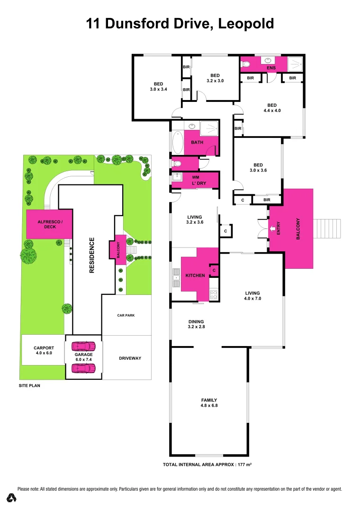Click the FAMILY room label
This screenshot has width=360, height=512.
tap(209, 402)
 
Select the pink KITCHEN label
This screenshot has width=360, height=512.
tap(195, 275)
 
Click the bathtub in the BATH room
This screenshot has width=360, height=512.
tap(177, 141)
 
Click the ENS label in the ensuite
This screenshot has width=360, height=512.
tap(265, 68)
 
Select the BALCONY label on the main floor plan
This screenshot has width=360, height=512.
tap(298, 229)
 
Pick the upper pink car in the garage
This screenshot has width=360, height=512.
tap(83, 346)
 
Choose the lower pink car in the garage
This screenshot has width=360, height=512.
tap(83, 367)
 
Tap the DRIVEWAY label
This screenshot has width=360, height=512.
tap(130, 358)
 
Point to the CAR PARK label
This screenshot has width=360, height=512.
tap(126, 315)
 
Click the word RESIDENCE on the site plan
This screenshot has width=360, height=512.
tap(92, 255)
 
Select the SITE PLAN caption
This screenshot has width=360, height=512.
tap(29, 386)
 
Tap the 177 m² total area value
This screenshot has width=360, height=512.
tap(243, 465)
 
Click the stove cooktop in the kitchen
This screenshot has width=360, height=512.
tap(214, 295)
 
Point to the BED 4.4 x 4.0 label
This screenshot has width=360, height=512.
tap(271, 108)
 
